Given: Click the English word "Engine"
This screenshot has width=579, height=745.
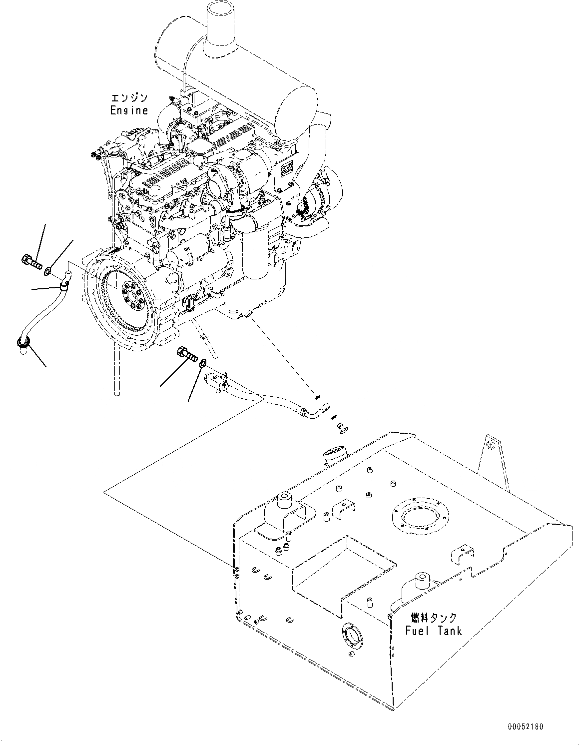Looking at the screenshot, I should [x=129, y=110].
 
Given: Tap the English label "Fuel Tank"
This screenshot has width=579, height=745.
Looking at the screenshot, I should [x=433, y=631].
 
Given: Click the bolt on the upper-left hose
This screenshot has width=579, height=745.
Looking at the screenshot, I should [x=31, y=260].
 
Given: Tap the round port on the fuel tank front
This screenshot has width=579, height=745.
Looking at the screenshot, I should [x=350, y=635].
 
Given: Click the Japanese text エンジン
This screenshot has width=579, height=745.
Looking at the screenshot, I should [x=130, y=98].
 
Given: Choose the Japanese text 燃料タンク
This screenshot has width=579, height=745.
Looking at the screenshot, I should [x=433, y=618].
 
